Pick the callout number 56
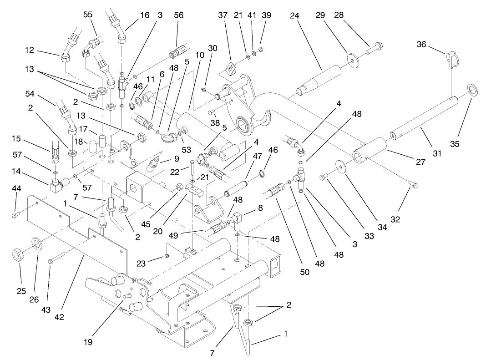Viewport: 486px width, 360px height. tap(178, 15)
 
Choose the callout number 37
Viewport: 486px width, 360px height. tap(223, 15)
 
